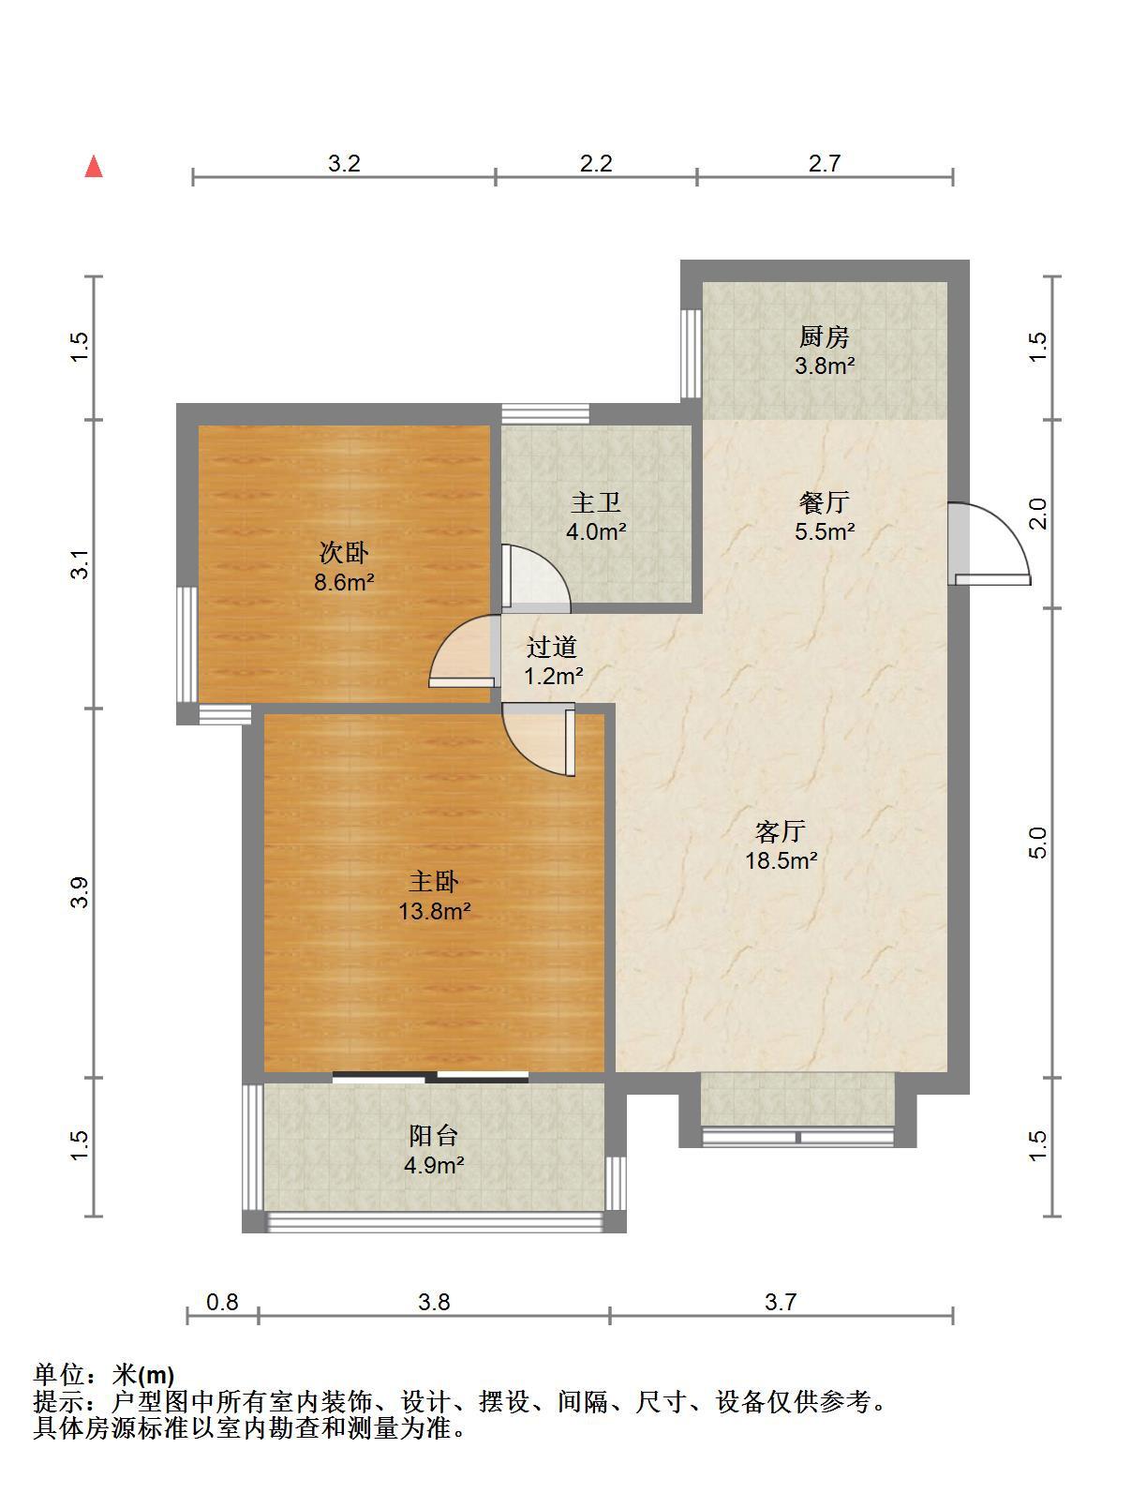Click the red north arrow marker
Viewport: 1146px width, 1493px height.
coord(94,167)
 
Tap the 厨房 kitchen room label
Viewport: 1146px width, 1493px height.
coord(824,336)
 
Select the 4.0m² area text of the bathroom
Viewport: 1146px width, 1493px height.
coord(595,531)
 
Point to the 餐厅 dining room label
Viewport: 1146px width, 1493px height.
coord(824,503)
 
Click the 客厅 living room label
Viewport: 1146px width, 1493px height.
coord(780,831)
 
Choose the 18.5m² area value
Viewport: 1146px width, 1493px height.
coord(781,861)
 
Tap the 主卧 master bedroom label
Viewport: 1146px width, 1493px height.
coord(434,882)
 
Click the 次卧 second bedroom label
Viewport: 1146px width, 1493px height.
coord(344,552)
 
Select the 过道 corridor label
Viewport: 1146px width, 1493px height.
coord(552,647)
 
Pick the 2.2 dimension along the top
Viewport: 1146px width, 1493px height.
coord(595,163)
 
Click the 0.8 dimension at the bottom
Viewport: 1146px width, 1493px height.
coord(222,1302)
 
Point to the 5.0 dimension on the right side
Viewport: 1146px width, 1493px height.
coord(1037,843)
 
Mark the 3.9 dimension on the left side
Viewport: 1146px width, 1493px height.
coord(80,892)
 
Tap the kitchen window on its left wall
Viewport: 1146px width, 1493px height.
coord(691,354)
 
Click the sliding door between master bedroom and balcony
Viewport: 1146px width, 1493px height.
coord(430,1077)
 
